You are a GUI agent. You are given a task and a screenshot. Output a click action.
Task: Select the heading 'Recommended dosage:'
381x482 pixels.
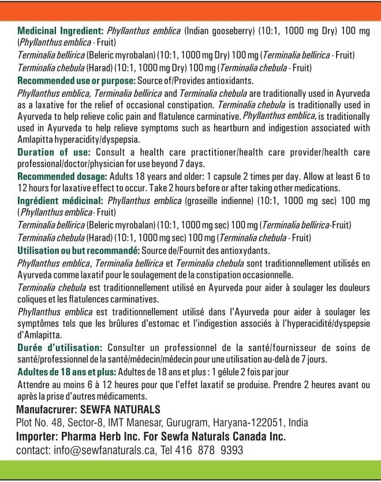(62, 177)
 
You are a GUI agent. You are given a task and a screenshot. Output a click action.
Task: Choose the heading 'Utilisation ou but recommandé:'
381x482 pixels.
(79, 250)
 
